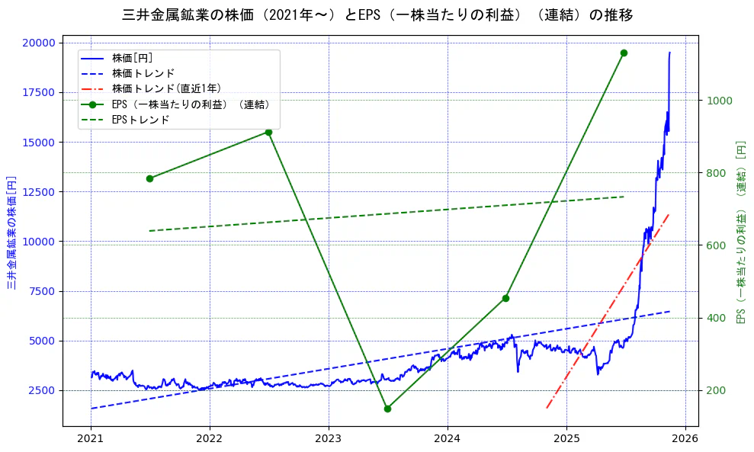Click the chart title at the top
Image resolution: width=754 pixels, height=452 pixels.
[x=377, y=14]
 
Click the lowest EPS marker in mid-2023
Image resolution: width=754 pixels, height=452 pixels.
[x=387, y=409]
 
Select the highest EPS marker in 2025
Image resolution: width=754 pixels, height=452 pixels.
[x=624, y=53]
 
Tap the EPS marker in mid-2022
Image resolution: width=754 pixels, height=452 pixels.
[x=268, y=132]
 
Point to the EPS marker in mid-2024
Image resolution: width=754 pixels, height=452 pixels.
[x=505, y=298]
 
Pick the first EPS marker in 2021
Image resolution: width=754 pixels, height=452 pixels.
[x=149, y=178]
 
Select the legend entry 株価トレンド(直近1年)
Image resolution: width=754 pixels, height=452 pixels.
[x=166, y=88]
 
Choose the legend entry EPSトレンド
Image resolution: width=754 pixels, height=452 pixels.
[x=140, y=120]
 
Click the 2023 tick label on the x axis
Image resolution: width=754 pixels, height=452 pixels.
[x=329, y=439]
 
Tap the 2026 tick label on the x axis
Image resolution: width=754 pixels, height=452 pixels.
[x=685, y=439]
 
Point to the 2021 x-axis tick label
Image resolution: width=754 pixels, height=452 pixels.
[x=91, y=439]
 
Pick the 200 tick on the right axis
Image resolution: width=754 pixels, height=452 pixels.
[x=717, y=390]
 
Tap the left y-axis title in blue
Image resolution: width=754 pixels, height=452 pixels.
[x=11, y=232]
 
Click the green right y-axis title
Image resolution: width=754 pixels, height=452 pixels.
[x=740, y=232]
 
